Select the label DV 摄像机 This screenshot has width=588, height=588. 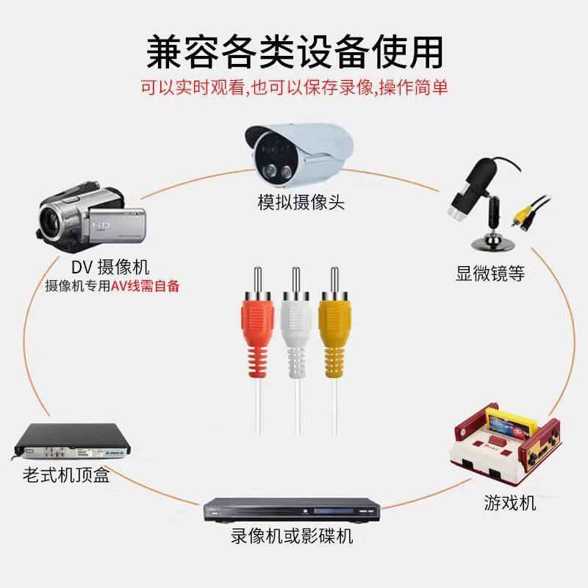click(110, 267)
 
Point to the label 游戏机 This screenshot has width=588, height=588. click(509, 503)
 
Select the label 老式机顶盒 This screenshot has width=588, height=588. click(66, 476)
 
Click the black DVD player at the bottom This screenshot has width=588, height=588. click(294, 507)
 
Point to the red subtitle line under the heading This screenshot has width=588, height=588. click(294, 87)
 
